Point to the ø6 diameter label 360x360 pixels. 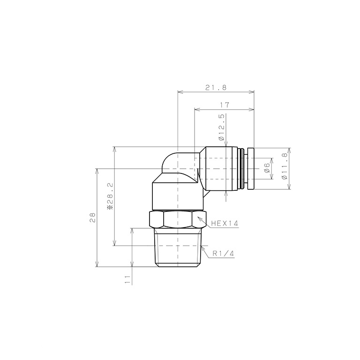click(x=267, y=168)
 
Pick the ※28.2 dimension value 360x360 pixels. click(x=109, y=196)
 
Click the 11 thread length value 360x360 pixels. click(x=127, y=280)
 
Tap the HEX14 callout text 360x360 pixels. click(x=225, y=224)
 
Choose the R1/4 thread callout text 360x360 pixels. click(x=223, y=253)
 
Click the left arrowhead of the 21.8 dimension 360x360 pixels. click(x=180, y=91)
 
